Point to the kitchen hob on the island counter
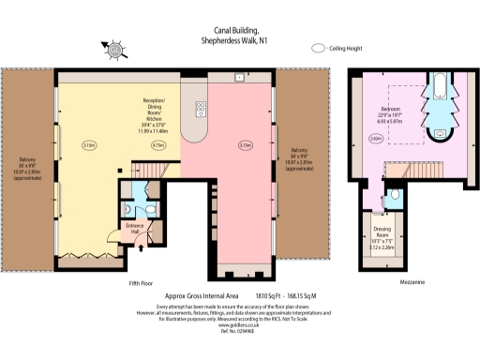[x=201, y=111]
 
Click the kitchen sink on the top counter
[x=241, y=77]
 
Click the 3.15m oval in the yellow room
[x=89, y=145]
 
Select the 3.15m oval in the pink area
[x=246, y=145]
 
